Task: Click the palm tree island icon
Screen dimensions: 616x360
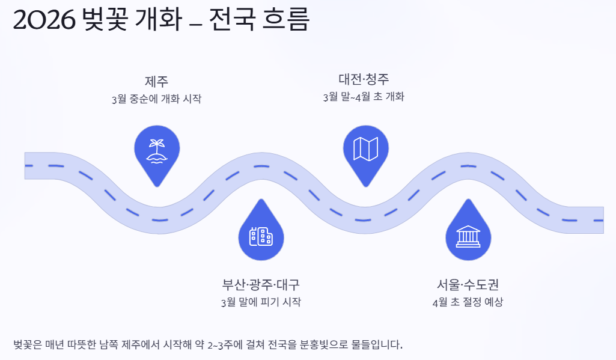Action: (x=157, y=150)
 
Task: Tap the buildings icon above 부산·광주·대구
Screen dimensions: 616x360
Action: (x=261, y=237)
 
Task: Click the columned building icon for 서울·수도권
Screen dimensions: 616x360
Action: (x=468, y=237)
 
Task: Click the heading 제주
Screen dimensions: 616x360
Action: (x=156, y=81)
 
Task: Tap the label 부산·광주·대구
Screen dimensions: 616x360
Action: (x=261, y=284)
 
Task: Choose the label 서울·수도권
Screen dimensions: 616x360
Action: (x=468, y=284)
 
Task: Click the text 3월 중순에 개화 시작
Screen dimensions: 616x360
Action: (x=156, y=99)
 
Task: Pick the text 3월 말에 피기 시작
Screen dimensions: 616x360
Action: (x=261, y=302)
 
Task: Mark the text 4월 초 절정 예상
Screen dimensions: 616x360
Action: (x=468, y=302)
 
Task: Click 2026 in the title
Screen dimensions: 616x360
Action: (x=43, y=21)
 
